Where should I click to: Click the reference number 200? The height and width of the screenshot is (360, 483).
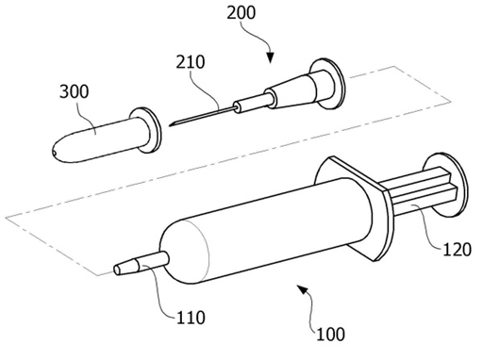coord(241,13)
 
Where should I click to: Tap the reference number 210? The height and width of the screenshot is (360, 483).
coord(191,62)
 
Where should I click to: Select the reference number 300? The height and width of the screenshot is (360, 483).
coord(75,92)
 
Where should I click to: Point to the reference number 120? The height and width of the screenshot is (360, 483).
coord(457,250)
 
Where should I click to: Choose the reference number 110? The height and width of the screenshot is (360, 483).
coord(191,318)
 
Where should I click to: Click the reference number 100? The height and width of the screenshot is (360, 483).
coord(330,335)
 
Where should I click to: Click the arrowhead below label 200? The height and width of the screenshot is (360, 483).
coord(270,57)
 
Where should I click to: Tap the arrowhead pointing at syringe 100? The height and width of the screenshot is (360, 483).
coord(302,289)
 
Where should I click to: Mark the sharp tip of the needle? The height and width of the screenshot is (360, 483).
coord(170,125)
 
